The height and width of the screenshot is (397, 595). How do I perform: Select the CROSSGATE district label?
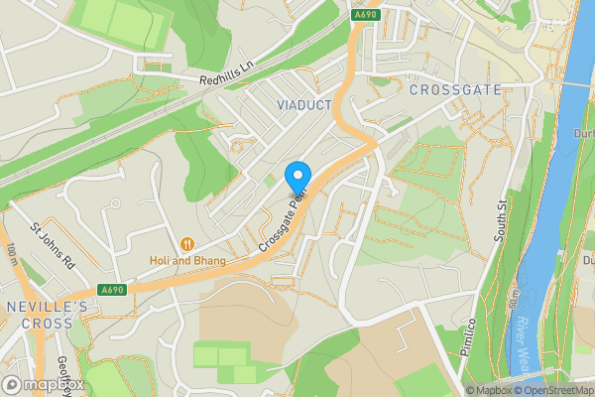[454, 90]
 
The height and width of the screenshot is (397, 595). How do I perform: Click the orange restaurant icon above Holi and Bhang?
[186, 244]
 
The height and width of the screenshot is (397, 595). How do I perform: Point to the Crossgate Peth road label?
[282, 218]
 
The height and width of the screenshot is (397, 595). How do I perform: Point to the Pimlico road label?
[469, 338]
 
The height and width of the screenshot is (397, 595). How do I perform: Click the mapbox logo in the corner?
[43, 384]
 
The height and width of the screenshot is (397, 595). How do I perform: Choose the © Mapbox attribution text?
[491, 390]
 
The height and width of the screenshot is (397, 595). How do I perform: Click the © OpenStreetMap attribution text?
[556, 390]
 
